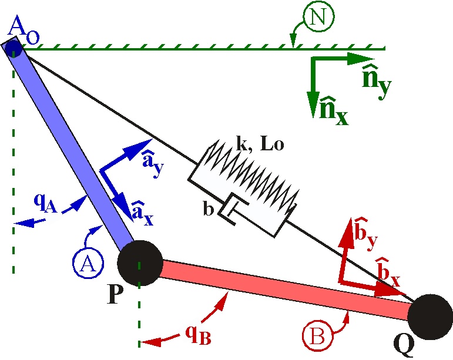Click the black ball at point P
139,263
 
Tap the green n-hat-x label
333,110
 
